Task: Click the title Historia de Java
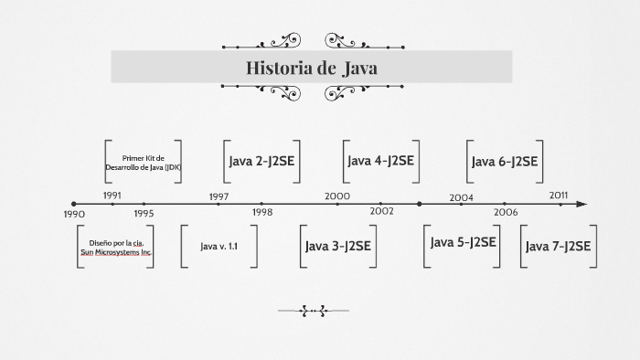pos(311,69)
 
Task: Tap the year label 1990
pos(74,214)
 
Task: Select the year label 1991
pos(112,196)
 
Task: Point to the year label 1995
pos(144,213)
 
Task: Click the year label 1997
pos(219,196)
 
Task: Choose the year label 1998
pos(262,212)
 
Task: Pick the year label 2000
pos(337,196)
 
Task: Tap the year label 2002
pos(382,211)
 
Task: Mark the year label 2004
pos(461,197)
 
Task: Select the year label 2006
pos(506,211)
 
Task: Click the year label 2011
pos(559,196)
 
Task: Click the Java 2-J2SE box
pos(261,162)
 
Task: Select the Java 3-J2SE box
pos(337,246)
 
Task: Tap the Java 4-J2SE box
pos(381,161)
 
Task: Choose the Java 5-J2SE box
pos(464,242)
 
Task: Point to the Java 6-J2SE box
pos(505,162)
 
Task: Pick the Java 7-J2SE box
pos(559,246)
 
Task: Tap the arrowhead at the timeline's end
pos(581,205)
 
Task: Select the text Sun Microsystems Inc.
pos(117,251)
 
